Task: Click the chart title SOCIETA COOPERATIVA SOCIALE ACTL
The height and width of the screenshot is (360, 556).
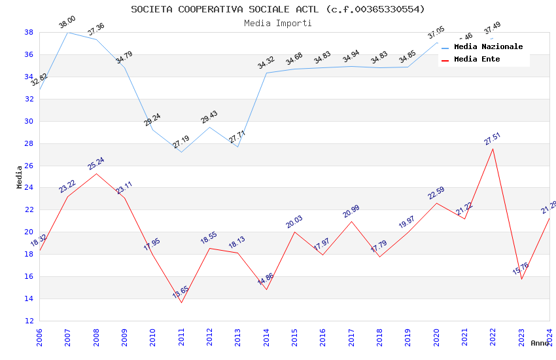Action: [277, 9]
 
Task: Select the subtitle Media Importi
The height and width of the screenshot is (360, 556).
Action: [277, 23]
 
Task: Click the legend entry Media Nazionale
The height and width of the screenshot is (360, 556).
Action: [488, 46]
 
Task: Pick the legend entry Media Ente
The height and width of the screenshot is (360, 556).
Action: [477, 59]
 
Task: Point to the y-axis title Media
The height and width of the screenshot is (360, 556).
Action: [19, 177]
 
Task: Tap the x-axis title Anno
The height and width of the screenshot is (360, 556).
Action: [540, 343]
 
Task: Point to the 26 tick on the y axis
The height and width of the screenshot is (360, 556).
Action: [29, 166]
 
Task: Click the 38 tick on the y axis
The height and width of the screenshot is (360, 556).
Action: [29, 32]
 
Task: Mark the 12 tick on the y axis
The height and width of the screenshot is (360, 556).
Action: [29, 321]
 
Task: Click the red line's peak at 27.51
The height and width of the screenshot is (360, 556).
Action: [493, 149]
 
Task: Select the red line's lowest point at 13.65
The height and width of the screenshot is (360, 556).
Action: [181, 302]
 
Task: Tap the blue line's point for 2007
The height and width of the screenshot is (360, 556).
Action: [67, 32]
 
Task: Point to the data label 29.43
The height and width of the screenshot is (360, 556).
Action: [209, 117]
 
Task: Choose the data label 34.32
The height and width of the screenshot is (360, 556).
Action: [266, 63]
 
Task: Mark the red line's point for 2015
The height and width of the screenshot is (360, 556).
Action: [294, 232]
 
